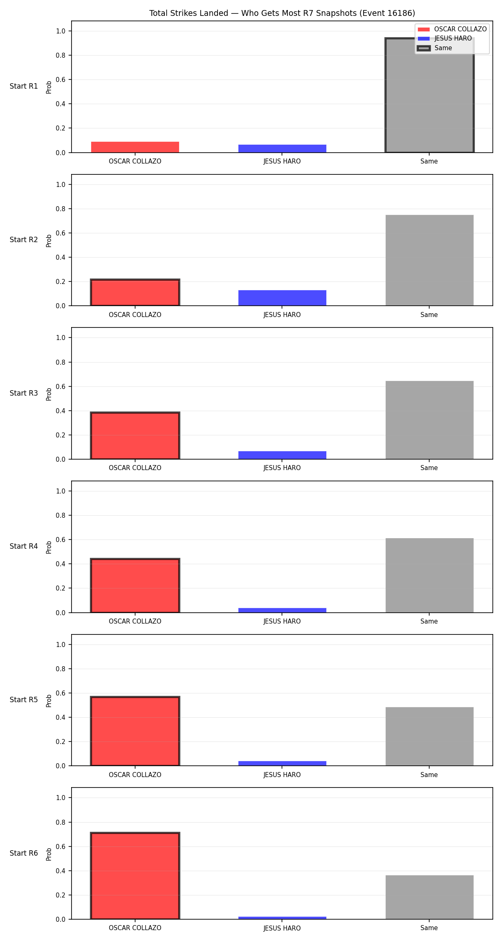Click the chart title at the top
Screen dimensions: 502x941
point(282,13)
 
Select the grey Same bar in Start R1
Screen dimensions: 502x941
point(429,95)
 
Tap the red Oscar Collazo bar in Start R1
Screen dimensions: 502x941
point(135,147)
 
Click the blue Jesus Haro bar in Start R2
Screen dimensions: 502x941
point(282,298)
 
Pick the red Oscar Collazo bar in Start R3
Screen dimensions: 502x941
point(135,436)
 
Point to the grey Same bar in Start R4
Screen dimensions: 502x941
point(430,575)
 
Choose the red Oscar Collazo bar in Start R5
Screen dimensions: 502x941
point(135,731)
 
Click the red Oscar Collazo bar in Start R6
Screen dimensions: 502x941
point(135,876)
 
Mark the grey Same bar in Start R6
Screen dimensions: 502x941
point(430,897)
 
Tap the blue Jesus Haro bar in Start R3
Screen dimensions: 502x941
point(282,455)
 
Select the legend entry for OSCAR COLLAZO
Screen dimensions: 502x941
point(452,29)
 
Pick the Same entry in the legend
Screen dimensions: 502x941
point(435,48)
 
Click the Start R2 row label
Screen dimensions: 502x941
point(24,240)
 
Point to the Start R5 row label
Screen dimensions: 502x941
point(24,700)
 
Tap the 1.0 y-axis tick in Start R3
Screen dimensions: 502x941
point(61,338)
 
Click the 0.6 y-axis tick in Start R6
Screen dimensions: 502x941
point(61,846)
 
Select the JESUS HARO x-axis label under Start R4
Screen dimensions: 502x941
point(282,621)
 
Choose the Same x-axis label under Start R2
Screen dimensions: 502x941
point(429,315)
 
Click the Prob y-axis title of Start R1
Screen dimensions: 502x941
point(49,87)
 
